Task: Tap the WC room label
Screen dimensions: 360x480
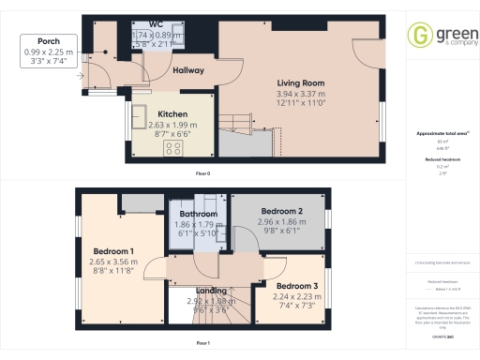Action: pyautogui.click(x=155, y=24)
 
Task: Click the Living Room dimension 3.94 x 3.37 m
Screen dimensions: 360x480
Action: pyautogui.click(x=300, y=94)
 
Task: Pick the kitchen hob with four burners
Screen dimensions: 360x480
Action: pyautogui.click(x=174, y=148)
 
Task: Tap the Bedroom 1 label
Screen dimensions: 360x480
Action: pyautogui.click(x=113, y=250)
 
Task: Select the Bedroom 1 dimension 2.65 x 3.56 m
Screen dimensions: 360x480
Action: pyautogui.click(x=115, y=262)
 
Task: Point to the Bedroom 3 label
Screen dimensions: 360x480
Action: pyautogui.click(x=296, y=285)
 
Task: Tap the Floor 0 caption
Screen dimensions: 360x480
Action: pyautogui.click(x=202, y=174)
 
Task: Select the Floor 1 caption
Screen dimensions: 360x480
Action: pyautogui.click(x=202, y=344)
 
